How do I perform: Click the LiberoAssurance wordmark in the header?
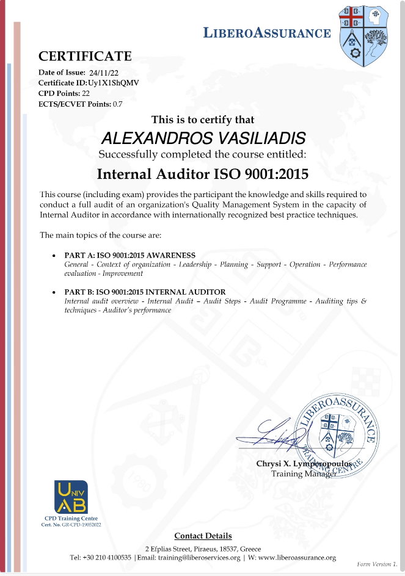click(x=267, y=33)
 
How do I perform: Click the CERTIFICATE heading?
click(x=85, y=57)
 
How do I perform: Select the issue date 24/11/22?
click(x=103, y=73)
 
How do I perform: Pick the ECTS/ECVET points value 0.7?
click(x=117, y=104)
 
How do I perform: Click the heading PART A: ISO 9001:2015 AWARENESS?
click(x=130, y=254)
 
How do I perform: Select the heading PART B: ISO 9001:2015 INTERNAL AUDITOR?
click(x=145, y=292)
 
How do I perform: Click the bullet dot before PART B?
click(x=56, y=292)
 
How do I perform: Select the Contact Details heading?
click(x=203, y=536)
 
